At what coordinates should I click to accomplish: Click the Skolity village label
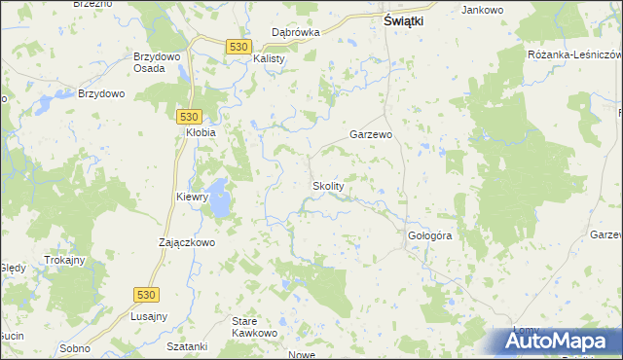click(327, 186)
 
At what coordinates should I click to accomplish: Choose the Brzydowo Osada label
click(155, 63)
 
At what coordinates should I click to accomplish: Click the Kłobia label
click(200, 132)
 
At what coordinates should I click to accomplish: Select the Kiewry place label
click(192, 197)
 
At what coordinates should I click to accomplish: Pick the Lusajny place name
click(149, 317)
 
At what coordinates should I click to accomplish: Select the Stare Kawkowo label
click(255, 326)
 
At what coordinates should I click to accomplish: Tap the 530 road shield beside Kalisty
click(238, 46)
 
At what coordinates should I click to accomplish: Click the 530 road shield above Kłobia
click(191, 114)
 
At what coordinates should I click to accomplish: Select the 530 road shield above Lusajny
click(145, 294)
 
